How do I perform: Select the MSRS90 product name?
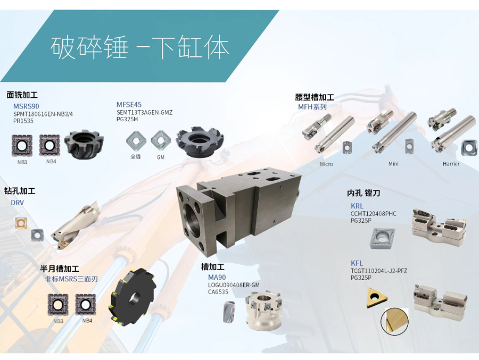[x=26, y=106]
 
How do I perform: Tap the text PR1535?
[x=23, y=121]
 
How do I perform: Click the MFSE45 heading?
[x=129, y=105]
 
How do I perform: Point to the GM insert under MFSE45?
[x=161, y=140]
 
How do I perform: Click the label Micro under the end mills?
[x=327, y=164]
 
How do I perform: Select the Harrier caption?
[x=451, y=164]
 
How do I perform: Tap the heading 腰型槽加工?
[x=315, y=97]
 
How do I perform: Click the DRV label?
[x=18, y=203]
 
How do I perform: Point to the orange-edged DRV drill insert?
[x=21, y=223]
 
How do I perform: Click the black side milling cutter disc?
[x=133, y=296]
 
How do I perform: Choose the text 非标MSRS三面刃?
[x=71, y=279]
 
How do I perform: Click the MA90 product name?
[x=217, y=277]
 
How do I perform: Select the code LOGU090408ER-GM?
[x=234, y=285]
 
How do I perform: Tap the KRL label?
[x=357, y=206]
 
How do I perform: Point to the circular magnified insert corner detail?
[x=395, y=322]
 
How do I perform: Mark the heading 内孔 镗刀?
[x=364, y=193]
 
